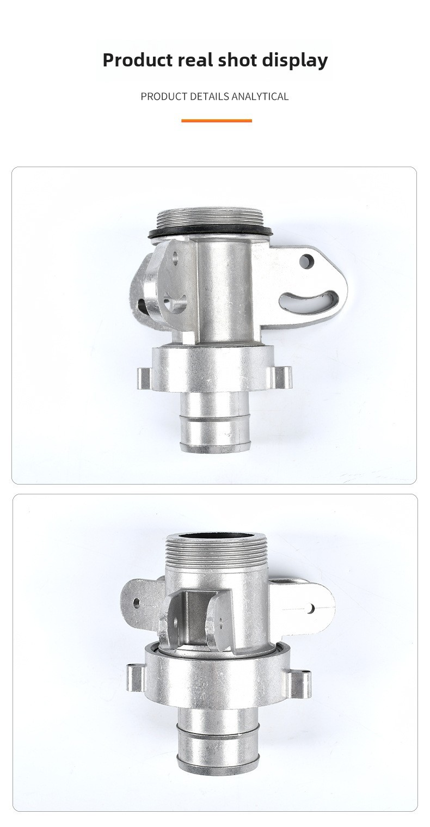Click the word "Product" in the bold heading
[138, 60]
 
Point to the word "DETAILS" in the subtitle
[209, 96]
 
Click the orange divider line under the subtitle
[217, 121]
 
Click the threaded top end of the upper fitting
[210, 218]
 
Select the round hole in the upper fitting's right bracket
[307, 262]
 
